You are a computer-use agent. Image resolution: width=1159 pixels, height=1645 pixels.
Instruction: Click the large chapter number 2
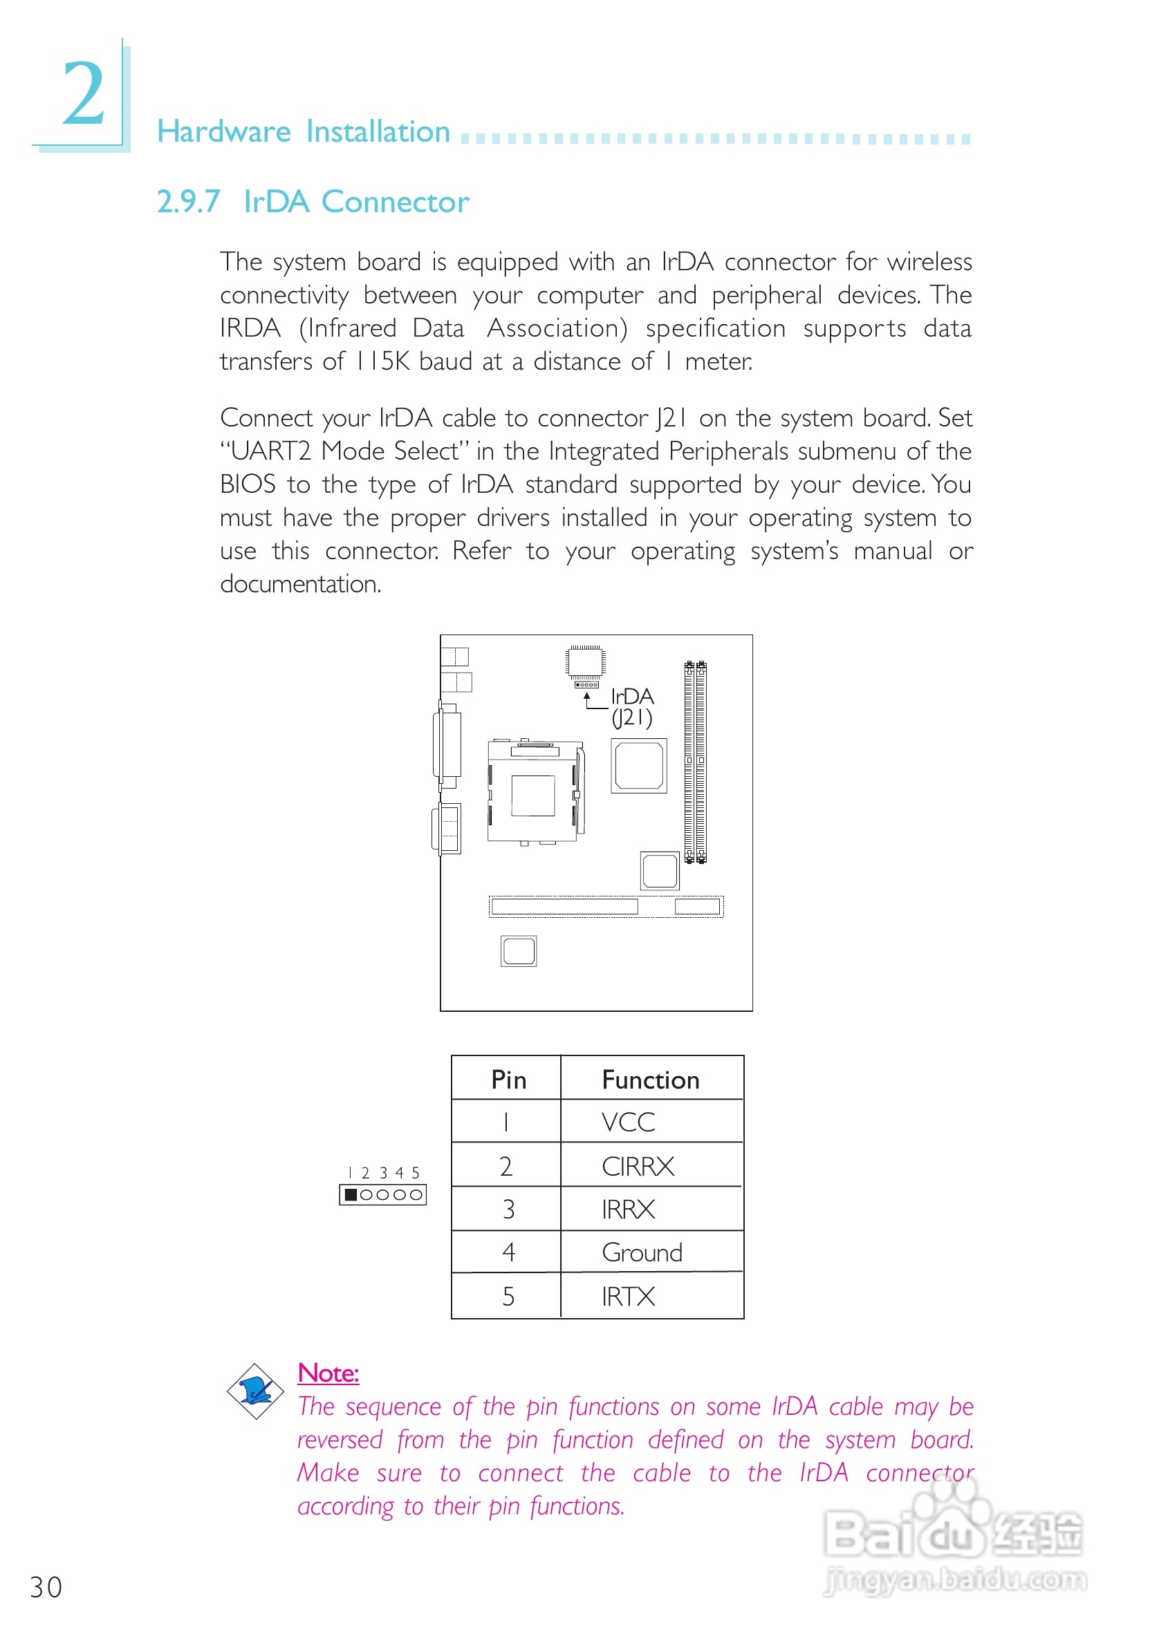[x=83, y=94]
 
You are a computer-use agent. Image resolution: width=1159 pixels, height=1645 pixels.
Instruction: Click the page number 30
[x=46, y=1587]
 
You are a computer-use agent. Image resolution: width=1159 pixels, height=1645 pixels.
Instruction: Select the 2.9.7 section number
[x=188, y=202]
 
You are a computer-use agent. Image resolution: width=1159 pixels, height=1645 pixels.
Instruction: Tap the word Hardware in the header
[x=223, y=132]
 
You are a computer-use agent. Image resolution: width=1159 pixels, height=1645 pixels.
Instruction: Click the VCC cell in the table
[x=628, y=1122]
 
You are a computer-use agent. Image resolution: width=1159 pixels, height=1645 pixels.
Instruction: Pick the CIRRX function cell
[x=638, y=1167]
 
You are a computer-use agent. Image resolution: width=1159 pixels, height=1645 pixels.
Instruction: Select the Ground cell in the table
[x=642, y=1252]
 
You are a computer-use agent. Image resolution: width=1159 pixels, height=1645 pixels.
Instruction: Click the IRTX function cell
[x=628, y=1296]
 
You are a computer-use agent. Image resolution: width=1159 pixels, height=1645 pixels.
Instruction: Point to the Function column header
[x=650, y=1080]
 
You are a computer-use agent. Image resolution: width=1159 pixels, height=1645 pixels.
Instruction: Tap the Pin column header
[x=508, y=1080]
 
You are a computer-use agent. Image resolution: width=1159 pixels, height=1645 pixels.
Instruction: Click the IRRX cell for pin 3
[x=628, y=1210]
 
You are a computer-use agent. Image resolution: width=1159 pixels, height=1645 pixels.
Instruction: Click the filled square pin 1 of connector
[x=351, y=1194]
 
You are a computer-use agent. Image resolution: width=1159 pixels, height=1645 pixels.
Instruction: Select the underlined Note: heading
[x=328, y=1373]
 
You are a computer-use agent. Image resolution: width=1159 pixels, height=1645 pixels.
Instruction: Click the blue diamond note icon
[x=255, y=1391]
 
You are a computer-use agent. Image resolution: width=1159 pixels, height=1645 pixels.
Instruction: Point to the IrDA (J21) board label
[x=631, y=706]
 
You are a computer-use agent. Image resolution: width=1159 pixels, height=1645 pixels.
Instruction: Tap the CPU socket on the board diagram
[x=533, y=794]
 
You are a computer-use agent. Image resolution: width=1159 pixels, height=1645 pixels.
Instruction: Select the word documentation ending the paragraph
[x=299, y=584]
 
